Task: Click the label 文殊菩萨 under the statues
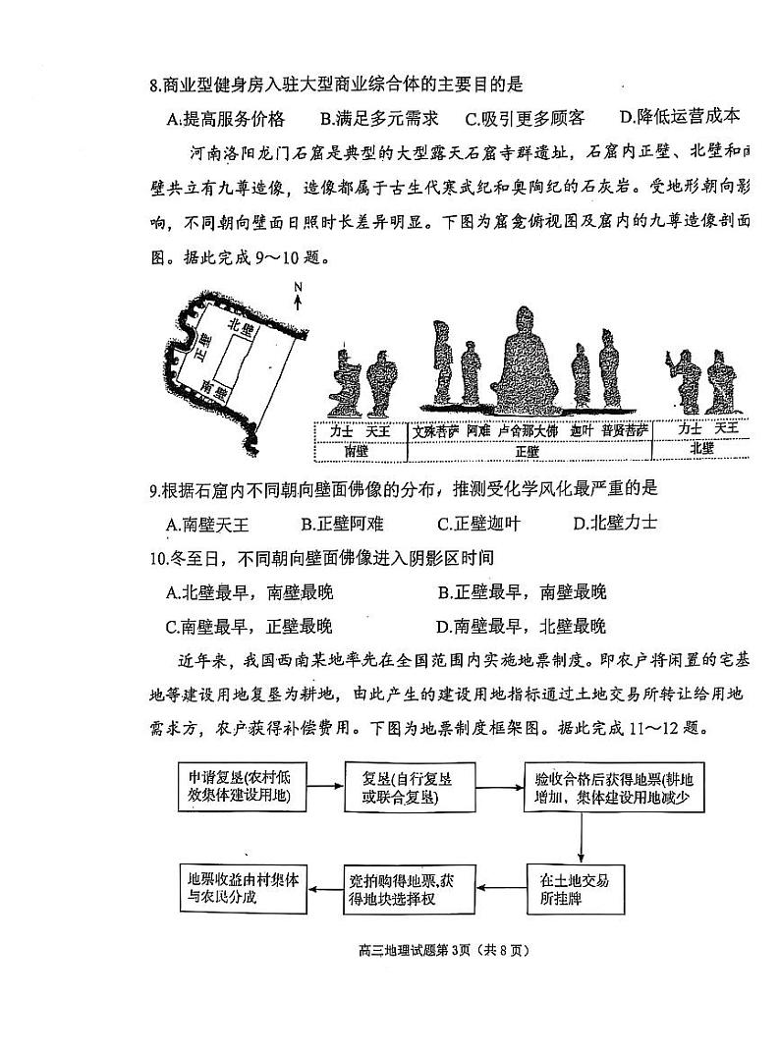coord(437,431)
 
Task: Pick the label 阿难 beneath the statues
coord(478,431)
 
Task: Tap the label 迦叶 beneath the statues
coord(583,431)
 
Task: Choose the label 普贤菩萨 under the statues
coord(625,431)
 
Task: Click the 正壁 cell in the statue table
coord(527,451)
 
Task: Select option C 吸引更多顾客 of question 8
coord(525,119)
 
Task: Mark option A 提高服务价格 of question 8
coord(226,119)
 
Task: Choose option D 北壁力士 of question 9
coord(615,523)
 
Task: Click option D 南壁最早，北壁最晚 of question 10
coord(522,626)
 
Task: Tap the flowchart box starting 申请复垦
coord(240,784)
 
